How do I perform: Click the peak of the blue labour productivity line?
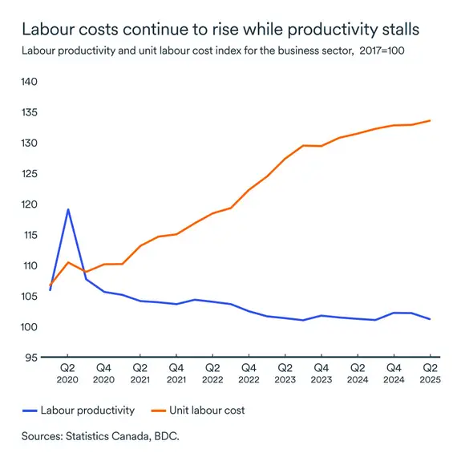(x=68, y=209)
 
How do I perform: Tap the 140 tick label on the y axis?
(x=29, y=82)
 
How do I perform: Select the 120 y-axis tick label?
(x=29, y=204)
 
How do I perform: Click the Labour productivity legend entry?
(x=90, y=410)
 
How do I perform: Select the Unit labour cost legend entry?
(x=206, y=410)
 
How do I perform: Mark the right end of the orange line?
(x=431, y=120)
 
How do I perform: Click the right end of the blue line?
(x=431, y=319)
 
